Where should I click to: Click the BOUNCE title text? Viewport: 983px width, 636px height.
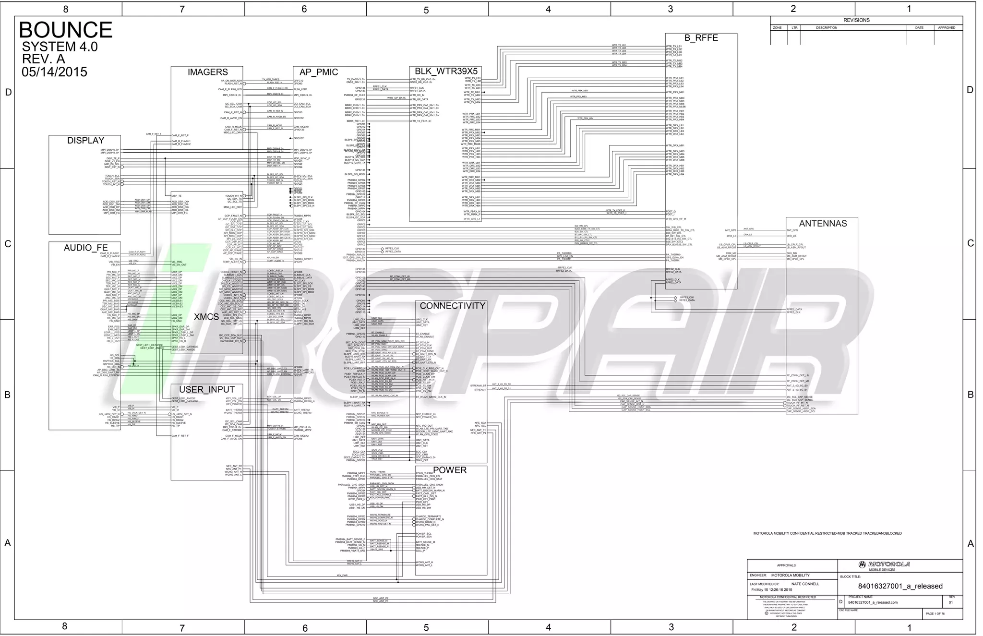point(65,30)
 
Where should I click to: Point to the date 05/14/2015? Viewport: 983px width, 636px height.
point(54,72)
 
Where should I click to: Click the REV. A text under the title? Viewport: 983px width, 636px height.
point(43,59)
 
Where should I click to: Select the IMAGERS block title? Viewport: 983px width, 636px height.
point(207,72)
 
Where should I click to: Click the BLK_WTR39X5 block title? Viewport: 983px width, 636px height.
point(446,71)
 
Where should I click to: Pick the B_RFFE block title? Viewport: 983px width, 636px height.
point(701,38)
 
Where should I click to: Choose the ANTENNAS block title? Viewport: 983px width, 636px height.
point(823,223)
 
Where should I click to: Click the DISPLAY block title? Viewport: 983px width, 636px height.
point(85,140)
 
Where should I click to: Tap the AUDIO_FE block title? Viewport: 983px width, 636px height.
point(85,248)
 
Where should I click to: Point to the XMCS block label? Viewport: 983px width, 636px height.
point(206,317)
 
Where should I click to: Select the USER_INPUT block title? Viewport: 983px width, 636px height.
point(207,389)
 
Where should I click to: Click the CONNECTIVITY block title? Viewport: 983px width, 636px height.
point(452,306)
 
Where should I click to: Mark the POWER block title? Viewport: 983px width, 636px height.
point(449,470)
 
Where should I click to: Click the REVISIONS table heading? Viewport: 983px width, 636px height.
point(856,20)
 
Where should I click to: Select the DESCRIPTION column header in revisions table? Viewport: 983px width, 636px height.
point(826,28)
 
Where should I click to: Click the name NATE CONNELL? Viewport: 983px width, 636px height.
point(805,584)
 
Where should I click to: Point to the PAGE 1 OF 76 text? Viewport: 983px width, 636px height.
point(935,614)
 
